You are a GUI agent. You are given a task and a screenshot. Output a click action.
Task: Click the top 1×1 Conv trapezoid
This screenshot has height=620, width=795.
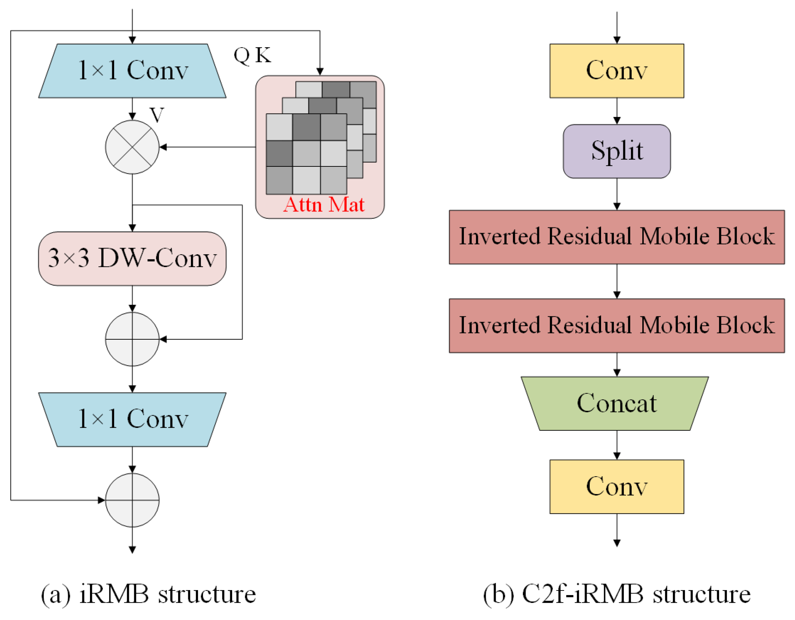coord(132,71)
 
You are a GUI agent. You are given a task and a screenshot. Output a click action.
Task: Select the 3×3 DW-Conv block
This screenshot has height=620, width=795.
coord(132,258)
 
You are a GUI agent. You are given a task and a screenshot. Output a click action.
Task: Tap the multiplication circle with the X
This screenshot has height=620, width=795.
coord(132,147)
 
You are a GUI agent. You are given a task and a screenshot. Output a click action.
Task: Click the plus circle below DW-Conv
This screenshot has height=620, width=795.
coord(132,339)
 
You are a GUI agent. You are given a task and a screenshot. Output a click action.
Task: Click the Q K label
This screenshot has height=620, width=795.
coord(252,56)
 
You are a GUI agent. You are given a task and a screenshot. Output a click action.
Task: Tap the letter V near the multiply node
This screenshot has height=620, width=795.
coord(156,114)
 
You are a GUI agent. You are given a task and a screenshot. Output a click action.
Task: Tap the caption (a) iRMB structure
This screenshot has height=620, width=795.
coord(148,594)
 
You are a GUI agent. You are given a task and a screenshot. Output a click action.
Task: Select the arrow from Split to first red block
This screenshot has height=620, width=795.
coord(617,194)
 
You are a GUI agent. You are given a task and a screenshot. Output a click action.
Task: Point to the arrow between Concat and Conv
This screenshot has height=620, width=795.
coord(617,444)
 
